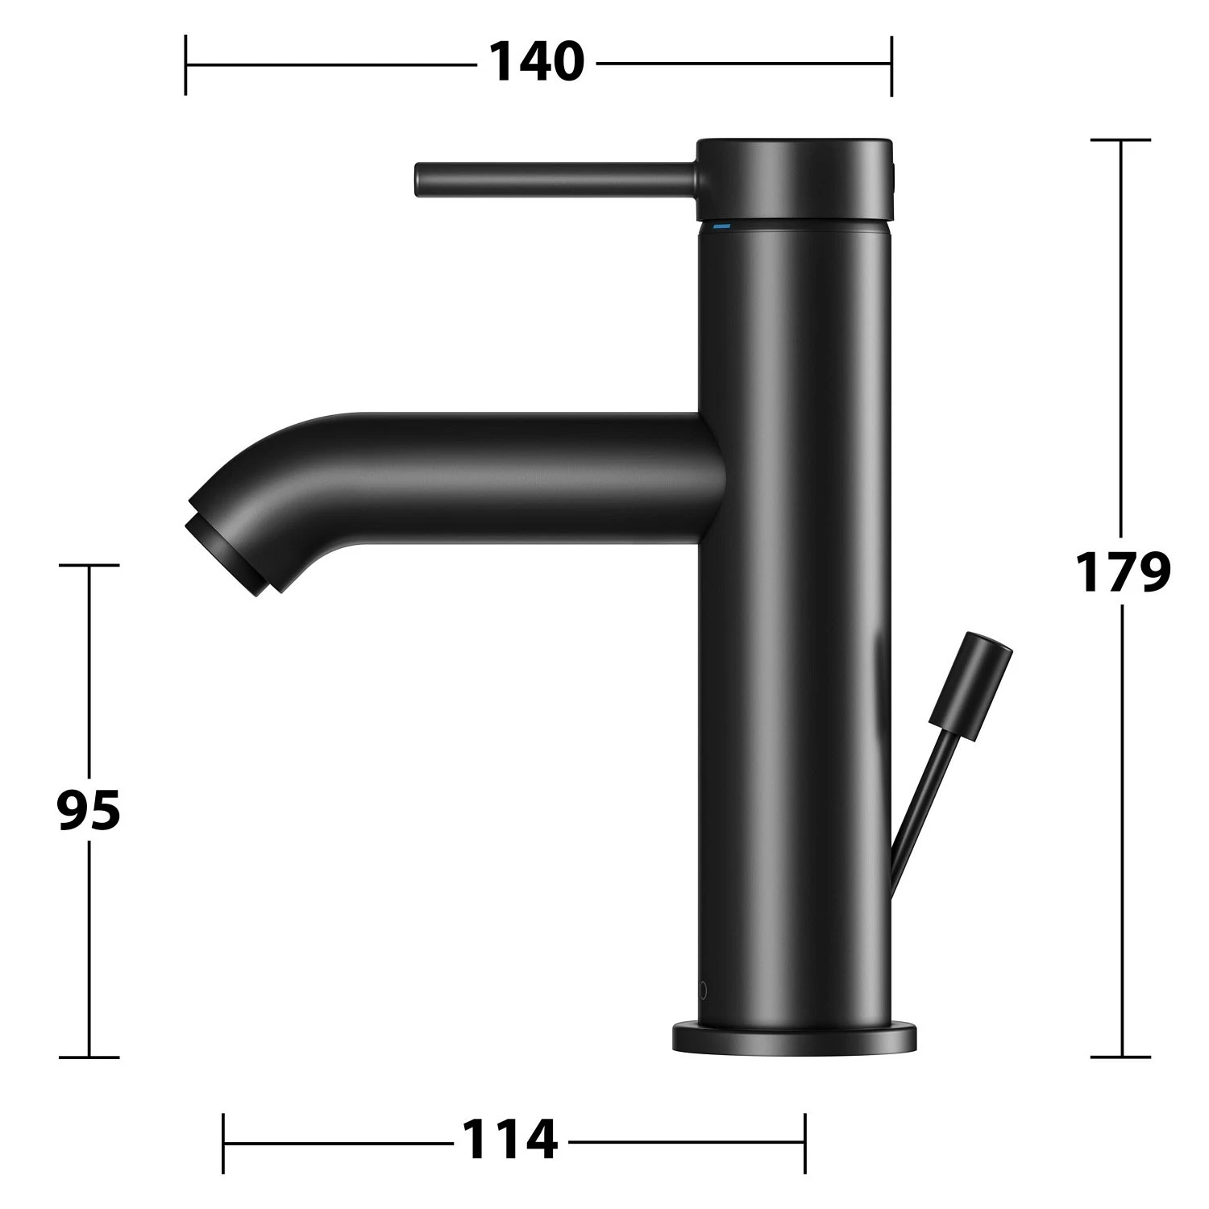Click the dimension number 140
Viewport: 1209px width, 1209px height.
click(536, 63)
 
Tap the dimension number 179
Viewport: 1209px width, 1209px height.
click(1123, 571)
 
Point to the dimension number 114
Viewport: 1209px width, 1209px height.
click(509, 1141)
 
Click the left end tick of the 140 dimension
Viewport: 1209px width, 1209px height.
click(186, 64)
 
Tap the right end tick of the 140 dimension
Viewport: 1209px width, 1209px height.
click(891, 64)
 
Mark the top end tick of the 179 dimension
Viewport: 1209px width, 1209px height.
click(1120, 140)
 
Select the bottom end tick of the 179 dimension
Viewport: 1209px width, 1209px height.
click(1120, 1057)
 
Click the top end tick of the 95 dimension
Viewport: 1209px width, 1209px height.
click(89, 565)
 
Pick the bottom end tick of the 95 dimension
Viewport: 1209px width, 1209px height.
click(89, 1057)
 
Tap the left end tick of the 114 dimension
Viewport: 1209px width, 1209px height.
click(223, 1143)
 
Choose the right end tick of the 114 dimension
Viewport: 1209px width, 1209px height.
click(804, 1143)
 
